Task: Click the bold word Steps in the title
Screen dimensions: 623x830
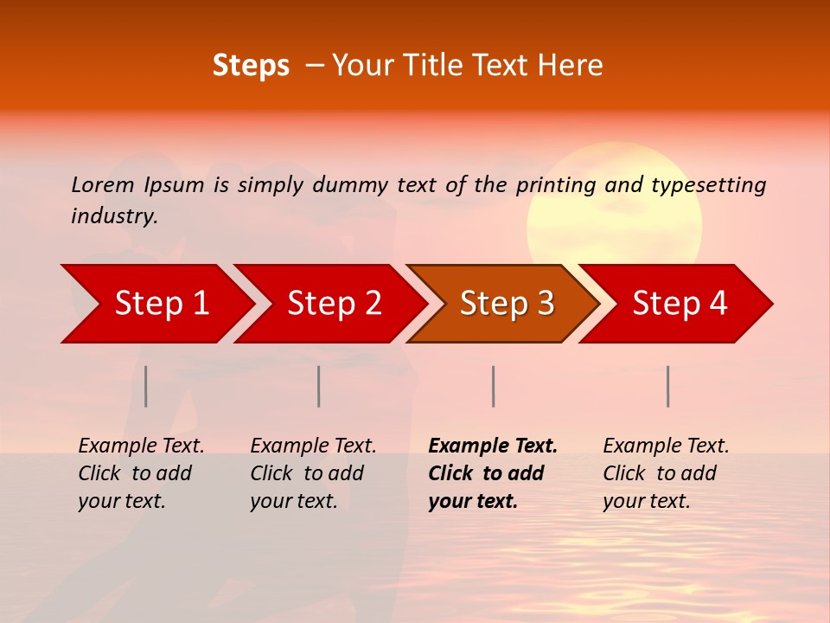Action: coord(251,66)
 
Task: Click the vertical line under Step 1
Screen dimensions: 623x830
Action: coord(146,386)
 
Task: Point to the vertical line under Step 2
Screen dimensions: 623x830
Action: coord(319,386)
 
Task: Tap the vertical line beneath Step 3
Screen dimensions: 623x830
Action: coord(494,386)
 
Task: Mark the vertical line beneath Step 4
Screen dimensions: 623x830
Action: coord(668,386)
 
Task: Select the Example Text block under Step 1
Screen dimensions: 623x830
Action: coord(141,473)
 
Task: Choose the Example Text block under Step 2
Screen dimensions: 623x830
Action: coord(313,473)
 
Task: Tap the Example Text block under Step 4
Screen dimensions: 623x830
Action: coord(666,473)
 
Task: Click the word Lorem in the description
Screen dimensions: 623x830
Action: coord(103,185)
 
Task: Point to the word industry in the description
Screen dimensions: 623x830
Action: coord(114,216)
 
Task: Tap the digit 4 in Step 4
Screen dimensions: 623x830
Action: coord(718,304)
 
